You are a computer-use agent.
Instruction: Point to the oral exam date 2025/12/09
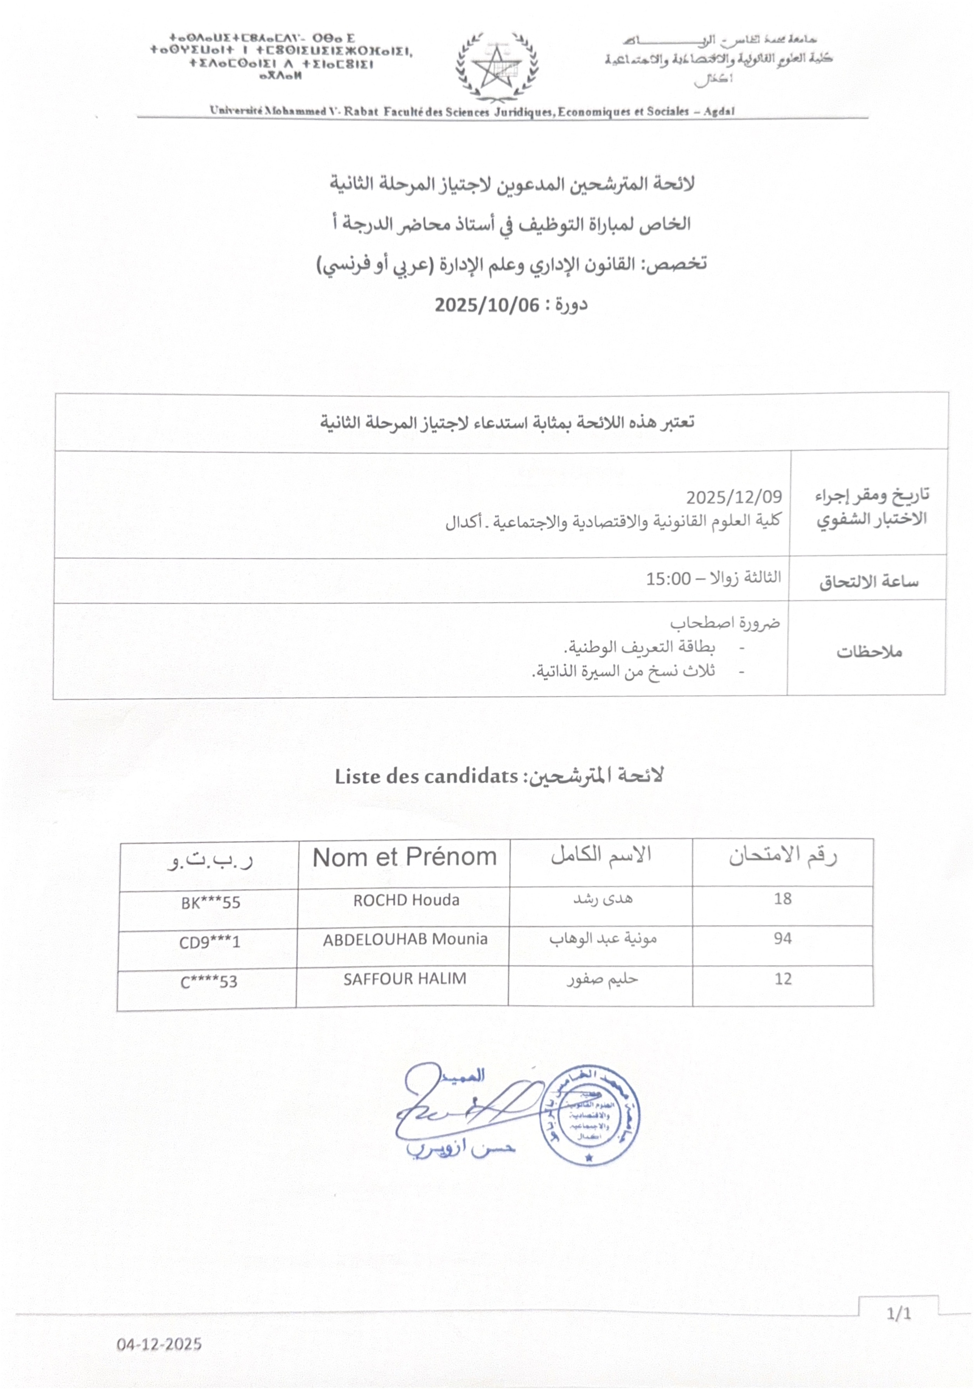[x=733, y=497]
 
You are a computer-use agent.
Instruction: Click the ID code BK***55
[x=210, y=903]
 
